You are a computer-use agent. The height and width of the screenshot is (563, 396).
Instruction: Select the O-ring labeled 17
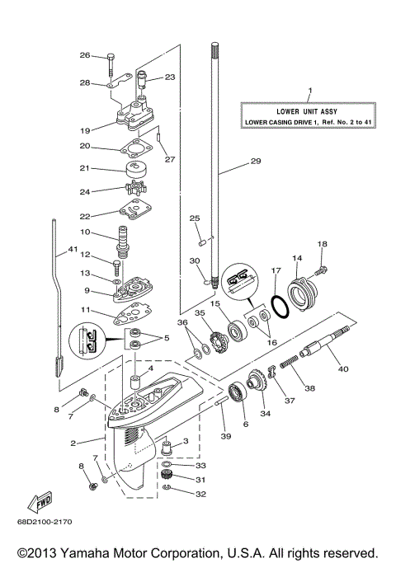(280, 307)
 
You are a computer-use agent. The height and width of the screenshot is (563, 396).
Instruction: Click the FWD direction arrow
(40, 504)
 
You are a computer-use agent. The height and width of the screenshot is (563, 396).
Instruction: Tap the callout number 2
(74, 443)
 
